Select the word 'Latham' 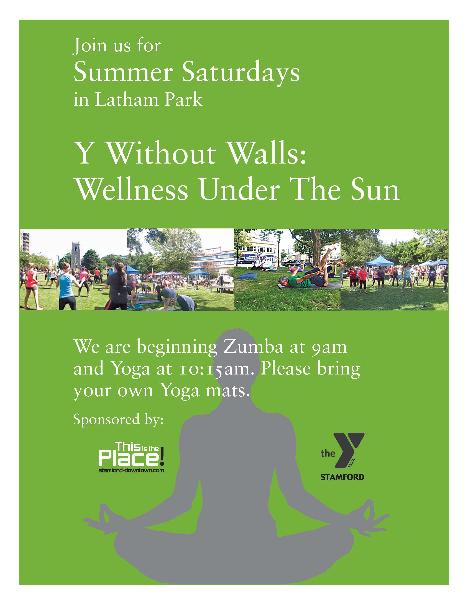pos(127,100)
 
